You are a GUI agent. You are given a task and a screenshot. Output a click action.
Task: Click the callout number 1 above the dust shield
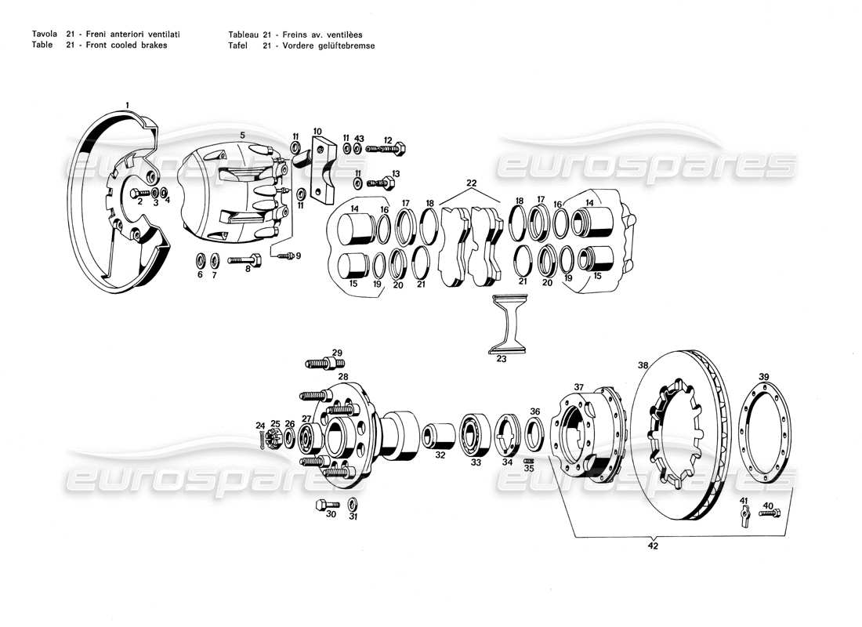127,104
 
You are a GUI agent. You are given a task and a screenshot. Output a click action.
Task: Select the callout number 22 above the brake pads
471,183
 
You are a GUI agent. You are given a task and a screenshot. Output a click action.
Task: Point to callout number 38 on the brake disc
643,365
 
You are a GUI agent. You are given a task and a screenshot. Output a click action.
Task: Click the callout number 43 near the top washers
359,138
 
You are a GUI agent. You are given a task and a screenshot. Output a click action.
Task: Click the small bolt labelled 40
771,513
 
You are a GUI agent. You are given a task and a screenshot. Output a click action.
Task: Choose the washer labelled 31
353,502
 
